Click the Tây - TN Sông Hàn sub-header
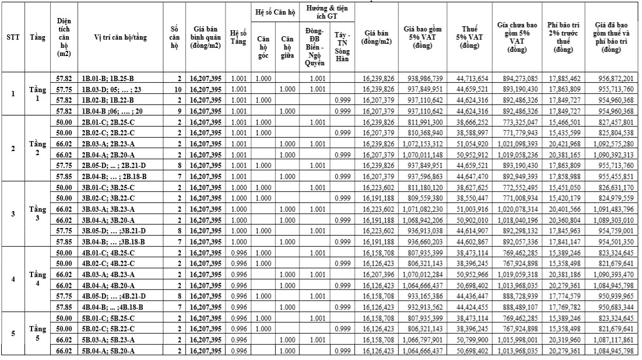coord(342,48)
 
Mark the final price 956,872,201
coord(612,78)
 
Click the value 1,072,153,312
coord(423,143)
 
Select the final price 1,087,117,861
coord(612,340)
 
